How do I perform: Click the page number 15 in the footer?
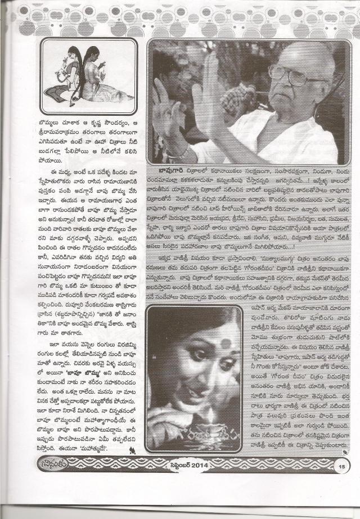click(341, 465)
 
